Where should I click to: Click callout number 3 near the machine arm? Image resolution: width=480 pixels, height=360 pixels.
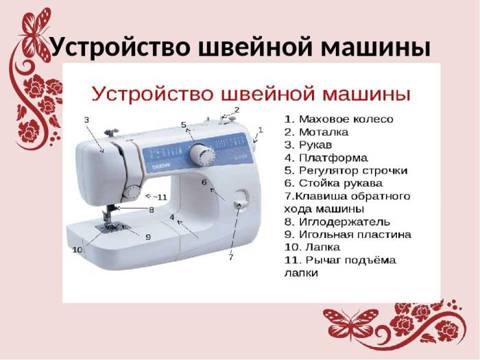coord(86,120)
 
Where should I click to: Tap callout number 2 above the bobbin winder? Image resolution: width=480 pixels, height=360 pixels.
coord(237,110)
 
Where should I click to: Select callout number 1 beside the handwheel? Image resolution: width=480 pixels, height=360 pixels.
coord(261,130)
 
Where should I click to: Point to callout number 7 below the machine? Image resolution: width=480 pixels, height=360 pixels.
coord(231,258)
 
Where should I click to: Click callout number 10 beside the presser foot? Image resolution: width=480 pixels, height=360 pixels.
coord(77,250)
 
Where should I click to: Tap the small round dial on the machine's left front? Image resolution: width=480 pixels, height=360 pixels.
coord(132,192)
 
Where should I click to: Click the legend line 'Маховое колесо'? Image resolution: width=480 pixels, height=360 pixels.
coord(339,119)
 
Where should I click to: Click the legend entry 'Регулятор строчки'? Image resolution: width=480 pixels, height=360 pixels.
coord(346,170)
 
